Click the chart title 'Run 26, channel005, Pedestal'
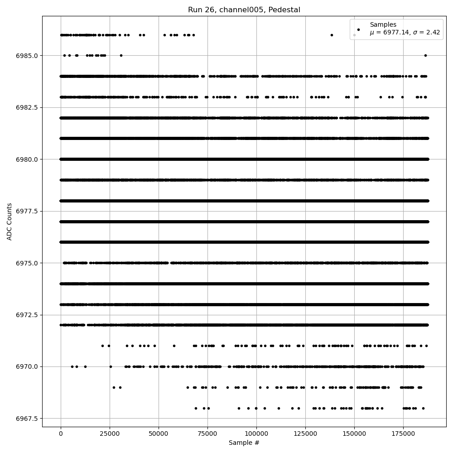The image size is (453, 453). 244,10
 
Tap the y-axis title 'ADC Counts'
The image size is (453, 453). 10,222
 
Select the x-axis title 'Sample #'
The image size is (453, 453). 244,443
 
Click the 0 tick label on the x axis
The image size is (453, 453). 61,434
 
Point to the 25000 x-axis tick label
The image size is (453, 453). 110,434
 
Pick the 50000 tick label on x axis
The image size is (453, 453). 159,434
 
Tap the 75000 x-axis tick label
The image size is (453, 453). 207,434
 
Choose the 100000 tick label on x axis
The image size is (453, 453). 256,434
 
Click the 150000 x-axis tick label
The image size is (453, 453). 354,434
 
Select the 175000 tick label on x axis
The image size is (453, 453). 403,434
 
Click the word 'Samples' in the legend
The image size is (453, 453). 383,24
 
